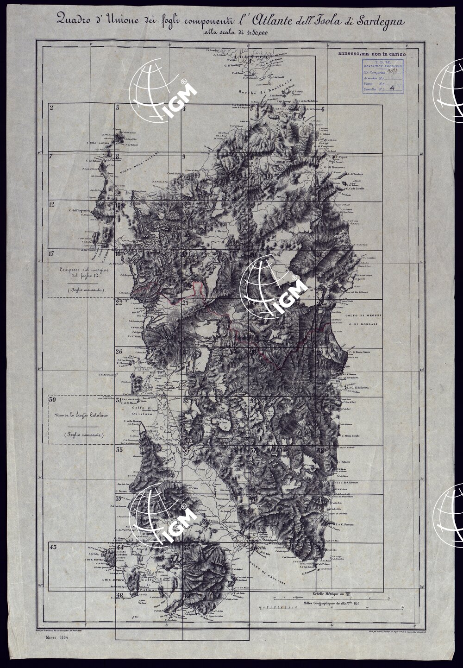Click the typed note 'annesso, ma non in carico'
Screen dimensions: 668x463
coord(372,54)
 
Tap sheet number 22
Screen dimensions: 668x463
coord(119,302)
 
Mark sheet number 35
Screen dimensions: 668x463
coord(119,450)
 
